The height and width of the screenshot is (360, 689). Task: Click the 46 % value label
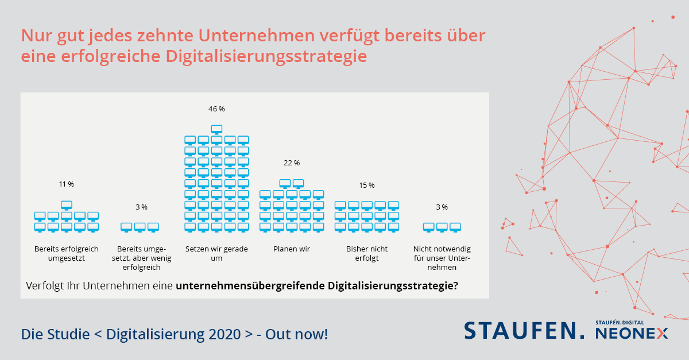pyautogui.click(x=216, y=109)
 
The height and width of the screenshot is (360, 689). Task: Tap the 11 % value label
pyautogui.click(x=66, y=184)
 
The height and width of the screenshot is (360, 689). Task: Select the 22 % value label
pyautogui.click(x=292, y=163)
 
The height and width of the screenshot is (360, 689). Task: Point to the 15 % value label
pyautogui.click(x=367, y=185)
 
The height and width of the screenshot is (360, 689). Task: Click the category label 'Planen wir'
pyautogui.click(x=292, y=249)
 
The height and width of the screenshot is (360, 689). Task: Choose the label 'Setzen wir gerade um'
pyautogui.click(x=216, y=254)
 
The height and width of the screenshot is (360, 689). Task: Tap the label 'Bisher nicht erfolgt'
pyautogui.click(x=367, y=254)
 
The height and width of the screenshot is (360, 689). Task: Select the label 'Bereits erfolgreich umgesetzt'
pyautogui.click(x=66, y=254)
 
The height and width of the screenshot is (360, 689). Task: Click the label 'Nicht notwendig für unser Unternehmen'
pyautogui.click(x=442, y=258)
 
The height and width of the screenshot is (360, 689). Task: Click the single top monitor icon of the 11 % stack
pyautogui.click(x=66, y=205)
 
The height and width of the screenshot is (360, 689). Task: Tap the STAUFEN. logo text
pyautogui.click(x=524, y=330)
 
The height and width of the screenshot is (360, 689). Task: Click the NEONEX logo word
pyautogui.click(x=632, y=334)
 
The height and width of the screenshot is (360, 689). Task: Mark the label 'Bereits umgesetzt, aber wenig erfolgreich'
pyautogui.click(x=141, y=258)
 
